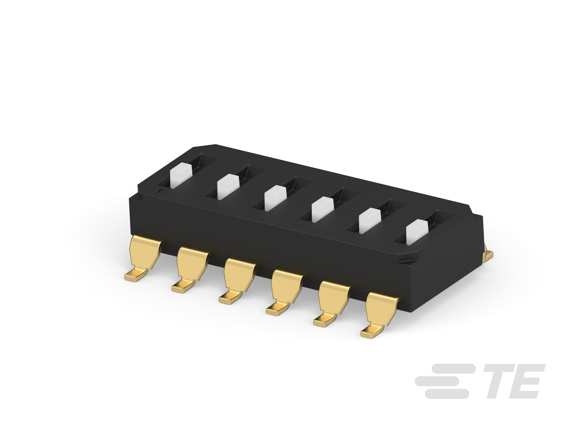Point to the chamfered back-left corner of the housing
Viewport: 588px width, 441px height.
click(x=204, y=146)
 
